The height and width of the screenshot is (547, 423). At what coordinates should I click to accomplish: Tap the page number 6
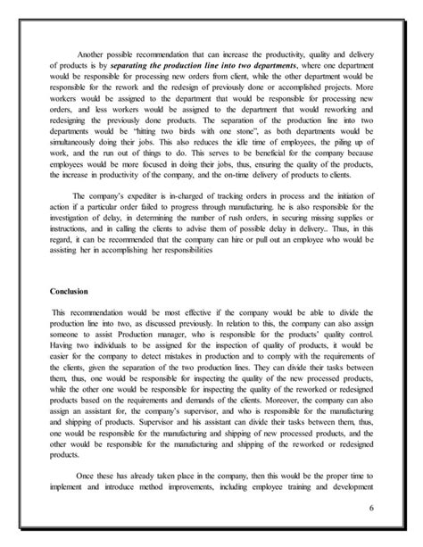click(369, 510)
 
